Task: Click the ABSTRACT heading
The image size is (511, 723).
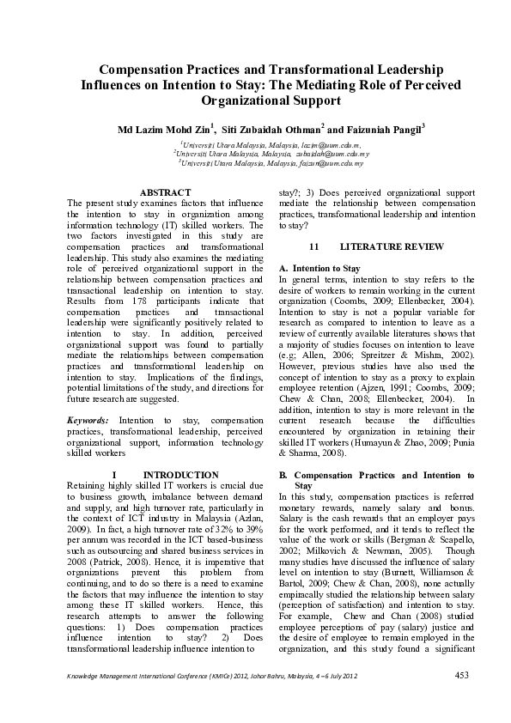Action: tap(165, 192)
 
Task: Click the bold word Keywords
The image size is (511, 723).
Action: tap(88, 420)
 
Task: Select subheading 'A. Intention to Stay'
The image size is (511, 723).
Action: tap(320, 269)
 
